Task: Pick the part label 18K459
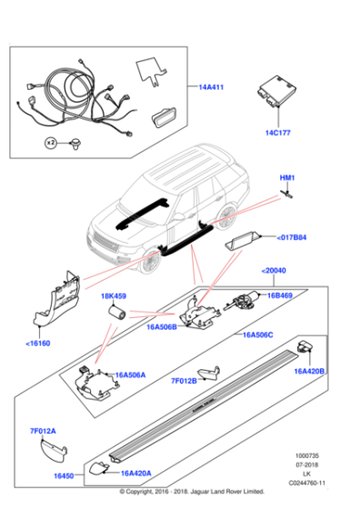coord(113,296)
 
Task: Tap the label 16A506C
coord(260,334)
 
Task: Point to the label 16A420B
coord(310,371)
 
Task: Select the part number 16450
coord(63,474)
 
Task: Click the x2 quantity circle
coord(53,143)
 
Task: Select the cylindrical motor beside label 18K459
coord(116,312)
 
